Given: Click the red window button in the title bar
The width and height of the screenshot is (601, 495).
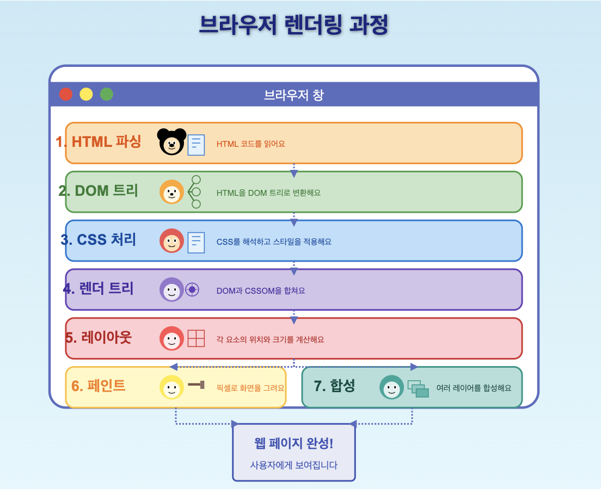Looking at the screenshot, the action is tap(66, 94).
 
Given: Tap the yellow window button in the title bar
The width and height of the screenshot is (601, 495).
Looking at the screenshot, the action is tap(86, 94).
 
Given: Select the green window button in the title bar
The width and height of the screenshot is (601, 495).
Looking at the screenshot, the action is tap(107, 94).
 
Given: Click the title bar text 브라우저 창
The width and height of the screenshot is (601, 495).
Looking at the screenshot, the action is tap(293, 95).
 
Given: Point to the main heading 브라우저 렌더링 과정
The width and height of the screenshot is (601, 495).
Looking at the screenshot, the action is tap(293, 25).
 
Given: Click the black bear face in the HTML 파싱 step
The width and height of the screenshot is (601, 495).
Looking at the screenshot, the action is tap(171, 142).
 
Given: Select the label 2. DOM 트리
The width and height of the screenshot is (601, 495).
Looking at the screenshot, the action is tap(99, 191).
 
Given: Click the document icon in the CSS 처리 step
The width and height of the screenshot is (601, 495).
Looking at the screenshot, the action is tap(196, 242).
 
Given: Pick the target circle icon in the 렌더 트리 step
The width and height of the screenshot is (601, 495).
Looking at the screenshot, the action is tap(192, 289).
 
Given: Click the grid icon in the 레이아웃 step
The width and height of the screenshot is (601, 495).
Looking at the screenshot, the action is tap(196, 338).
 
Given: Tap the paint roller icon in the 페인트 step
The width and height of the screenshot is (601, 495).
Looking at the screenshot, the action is tap(196, 385).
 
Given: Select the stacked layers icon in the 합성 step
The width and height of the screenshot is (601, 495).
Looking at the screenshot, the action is tap(418, 388).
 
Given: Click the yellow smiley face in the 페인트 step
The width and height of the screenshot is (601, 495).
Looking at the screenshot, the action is tap(171, 388).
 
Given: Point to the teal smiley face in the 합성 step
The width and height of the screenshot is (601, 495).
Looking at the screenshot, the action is tap(391, 388).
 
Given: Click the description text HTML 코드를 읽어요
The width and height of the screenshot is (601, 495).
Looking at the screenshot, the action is tap(251, 144).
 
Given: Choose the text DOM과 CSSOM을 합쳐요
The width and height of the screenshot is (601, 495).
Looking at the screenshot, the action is tap(261, 291).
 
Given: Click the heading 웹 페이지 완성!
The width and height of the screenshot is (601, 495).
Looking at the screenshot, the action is tap(293, 443).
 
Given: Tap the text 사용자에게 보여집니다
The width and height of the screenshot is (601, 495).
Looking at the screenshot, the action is tap(293, 465).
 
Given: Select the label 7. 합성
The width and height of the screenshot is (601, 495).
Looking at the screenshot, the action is tap(334, 386).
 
